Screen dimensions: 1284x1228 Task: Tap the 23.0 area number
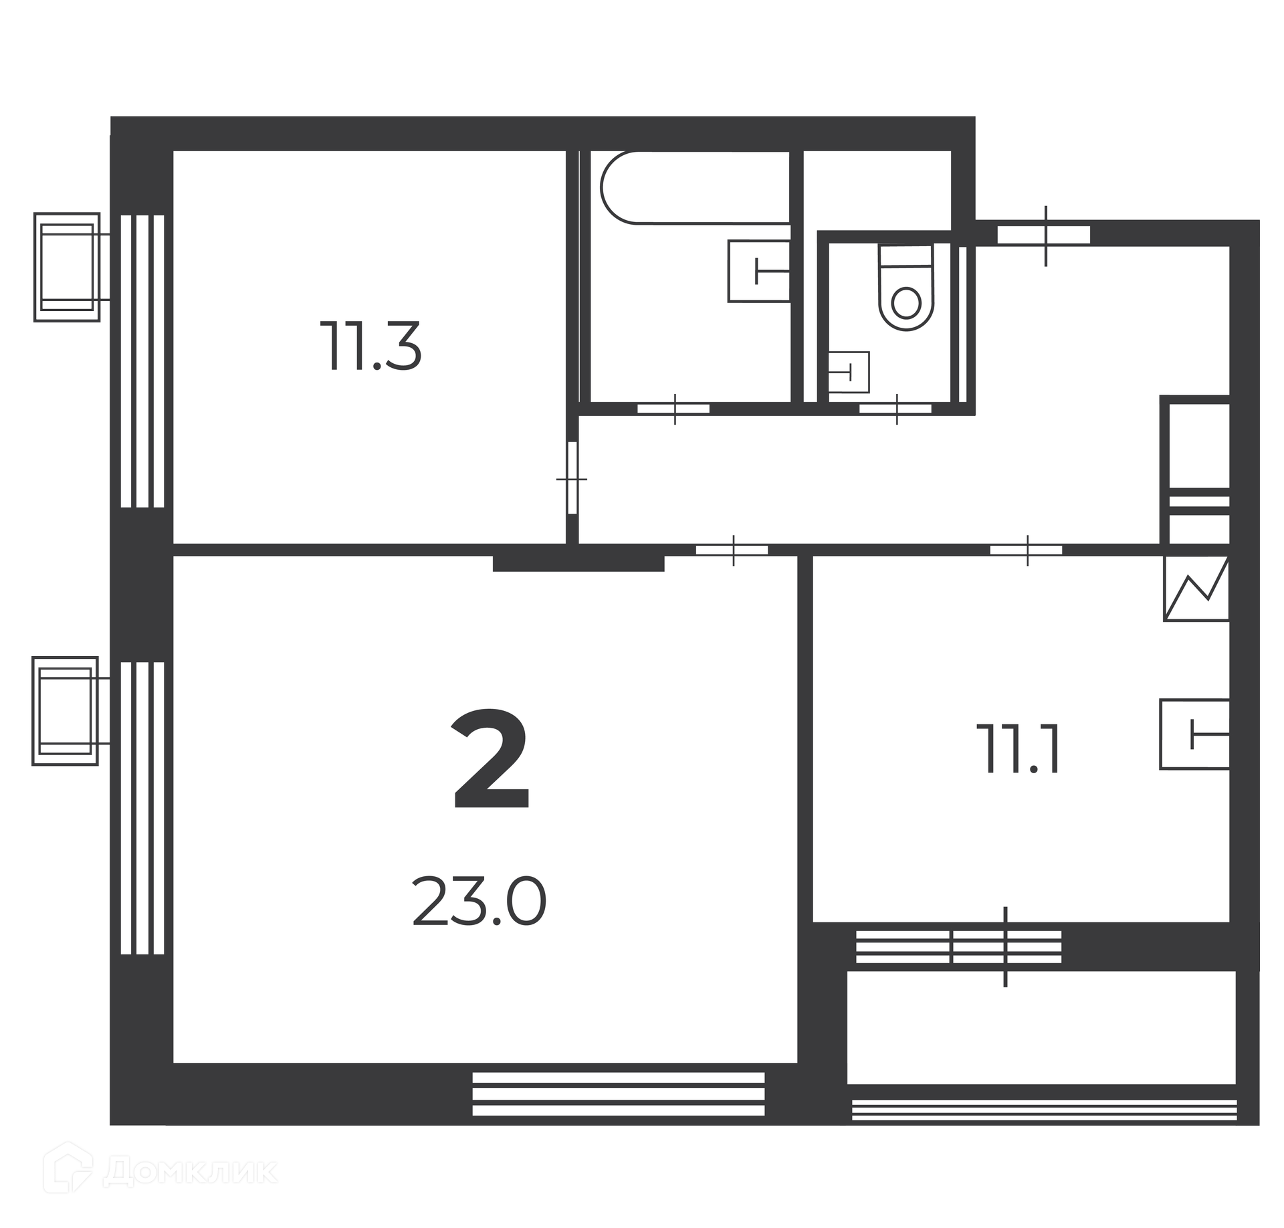479,902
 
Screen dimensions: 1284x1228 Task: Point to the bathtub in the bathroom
695,187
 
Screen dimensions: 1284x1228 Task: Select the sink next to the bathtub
759,272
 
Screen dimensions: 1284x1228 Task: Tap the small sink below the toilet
849,372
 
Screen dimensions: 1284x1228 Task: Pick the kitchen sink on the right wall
1194,734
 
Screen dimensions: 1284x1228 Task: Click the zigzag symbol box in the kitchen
1196,589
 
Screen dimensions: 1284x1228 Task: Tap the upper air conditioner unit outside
67,268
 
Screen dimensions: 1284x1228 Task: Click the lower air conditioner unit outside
66,711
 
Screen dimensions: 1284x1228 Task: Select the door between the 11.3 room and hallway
572,478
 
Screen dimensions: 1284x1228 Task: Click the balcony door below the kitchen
1005,947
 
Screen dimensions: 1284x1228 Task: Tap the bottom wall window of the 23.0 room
618,1104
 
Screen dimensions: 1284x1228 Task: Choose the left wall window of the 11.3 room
142,361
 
